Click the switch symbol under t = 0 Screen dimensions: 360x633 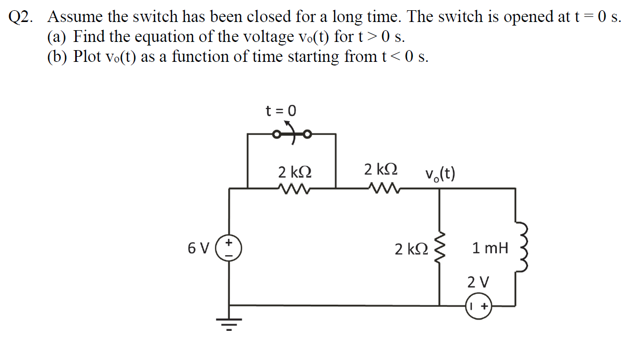tap(291, 134)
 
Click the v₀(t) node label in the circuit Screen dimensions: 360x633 tap(440, 174)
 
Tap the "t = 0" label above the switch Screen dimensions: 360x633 tap(280, 110)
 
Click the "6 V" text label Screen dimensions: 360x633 tap(199, 249)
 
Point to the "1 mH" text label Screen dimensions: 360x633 tap(490, 249)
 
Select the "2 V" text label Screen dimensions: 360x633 tap(478, 282)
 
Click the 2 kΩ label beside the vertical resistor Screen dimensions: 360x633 tap(411, 249)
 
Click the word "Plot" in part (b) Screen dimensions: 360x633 tap(87, 56)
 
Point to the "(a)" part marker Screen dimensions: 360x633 tap(57, 37)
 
